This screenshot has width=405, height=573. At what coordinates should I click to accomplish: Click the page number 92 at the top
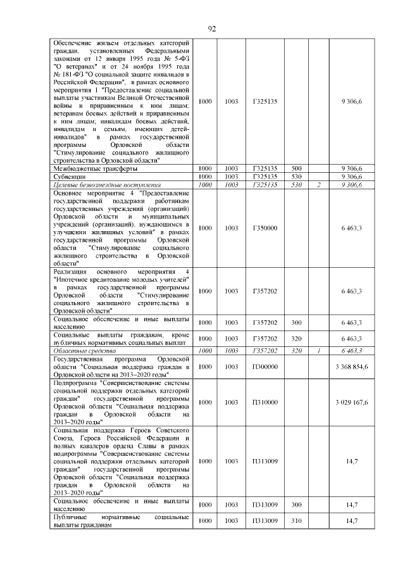(x=212, y=28)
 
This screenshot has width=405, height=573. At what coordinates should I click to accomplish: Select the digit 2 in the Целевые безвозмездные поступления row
(x=319, y=185)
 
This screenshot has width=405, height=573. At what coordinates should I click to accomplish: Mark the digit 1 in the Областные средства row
(x=319, y=349)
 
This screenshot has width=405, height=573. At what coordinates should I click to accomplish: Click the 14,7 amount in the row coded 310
(x=352, y=520)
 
